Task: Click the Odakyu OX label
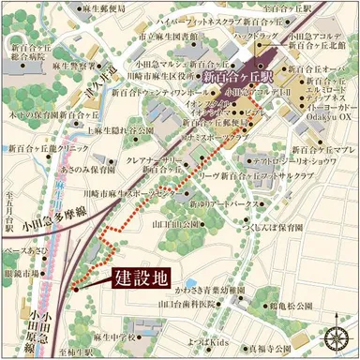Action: point(321,118)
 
